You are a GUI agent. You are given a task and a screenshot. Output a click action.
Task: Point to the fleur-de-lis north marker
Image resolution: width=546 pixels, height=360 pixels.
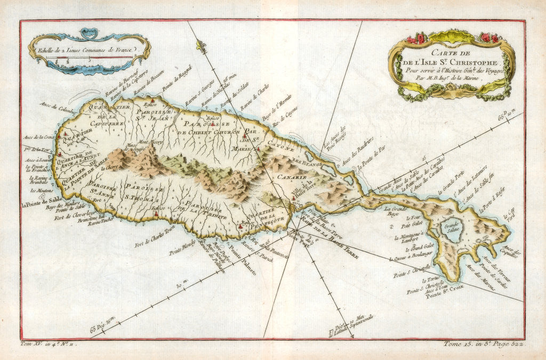200,47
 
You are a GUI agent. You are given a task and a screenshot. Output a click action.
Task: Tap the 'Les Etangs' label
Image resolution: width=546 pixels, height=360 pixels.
305,164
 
